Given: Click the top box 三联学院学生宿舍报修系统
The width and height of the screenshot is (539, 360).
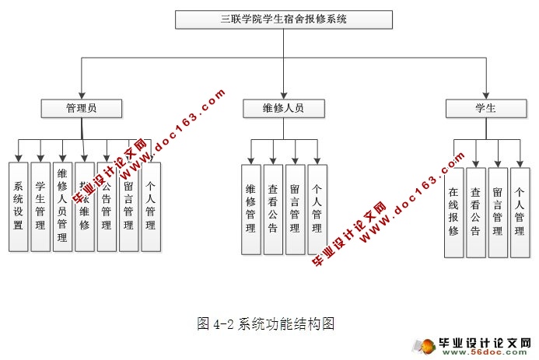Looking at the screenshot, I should pos(283,19).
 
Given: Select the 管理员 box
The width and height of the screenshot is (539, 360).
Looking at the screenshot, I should pos(82,108).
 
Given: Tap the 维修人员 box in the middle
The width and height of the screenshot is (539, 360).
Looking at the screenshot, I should pos(283,108).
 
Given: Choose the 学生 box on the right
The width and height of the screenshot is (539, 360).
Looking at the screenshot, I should pos(485,108).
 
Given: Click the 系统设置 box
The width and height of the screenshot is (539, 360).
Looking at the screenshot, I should pos(18,206).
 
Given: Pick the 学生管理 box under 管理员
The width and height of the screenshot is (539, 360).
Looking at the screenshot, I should pos(40,206).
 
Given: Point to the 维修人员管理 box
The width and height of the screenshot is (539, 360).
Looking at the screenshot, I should pos(62,206).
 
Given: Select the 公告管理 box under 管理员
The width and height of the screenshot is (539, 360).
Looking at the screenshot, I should pos(107,206).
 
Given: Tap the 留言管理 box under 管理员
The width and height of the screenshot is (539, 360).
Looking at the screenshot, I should pos(128,206).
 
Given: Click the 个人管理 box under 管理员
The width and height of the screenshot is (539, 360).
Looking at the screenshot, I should pos(151,206).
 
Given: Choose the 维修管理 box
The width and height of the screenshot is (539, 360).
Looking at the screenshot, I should pos(250,209).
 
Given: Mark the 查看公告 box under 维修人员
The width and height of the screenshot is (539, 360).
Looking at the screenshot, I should pos(273,209).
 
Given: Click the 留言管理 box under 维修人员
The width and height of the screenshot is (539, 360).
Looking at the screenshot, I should pos(295,209).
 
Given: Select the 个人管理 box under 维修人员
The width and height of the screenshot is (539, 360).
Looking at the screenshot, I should pos(317,209).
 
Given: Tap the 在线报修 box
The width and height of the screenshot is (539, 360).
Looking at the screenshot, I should pos(453,211).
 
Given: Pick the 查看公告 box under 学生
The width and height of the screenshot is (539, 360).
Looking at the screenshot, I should pos(475,211).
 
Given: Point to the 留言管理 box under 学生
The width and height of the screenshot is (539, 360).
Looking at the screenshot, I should pos(498,211).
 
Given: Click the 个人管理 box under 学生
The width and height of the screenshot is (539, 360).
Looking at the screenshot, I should pos(520,211).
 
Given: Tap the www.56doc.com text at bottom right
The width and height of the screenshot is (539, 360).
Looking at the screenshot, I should pos(506,354).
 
